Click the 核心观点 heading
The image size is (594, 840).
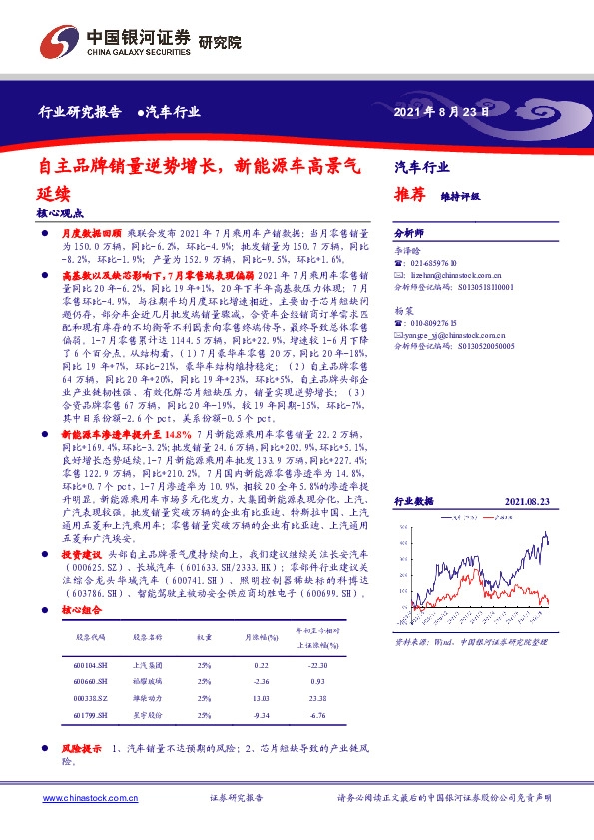click(59, 212)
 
